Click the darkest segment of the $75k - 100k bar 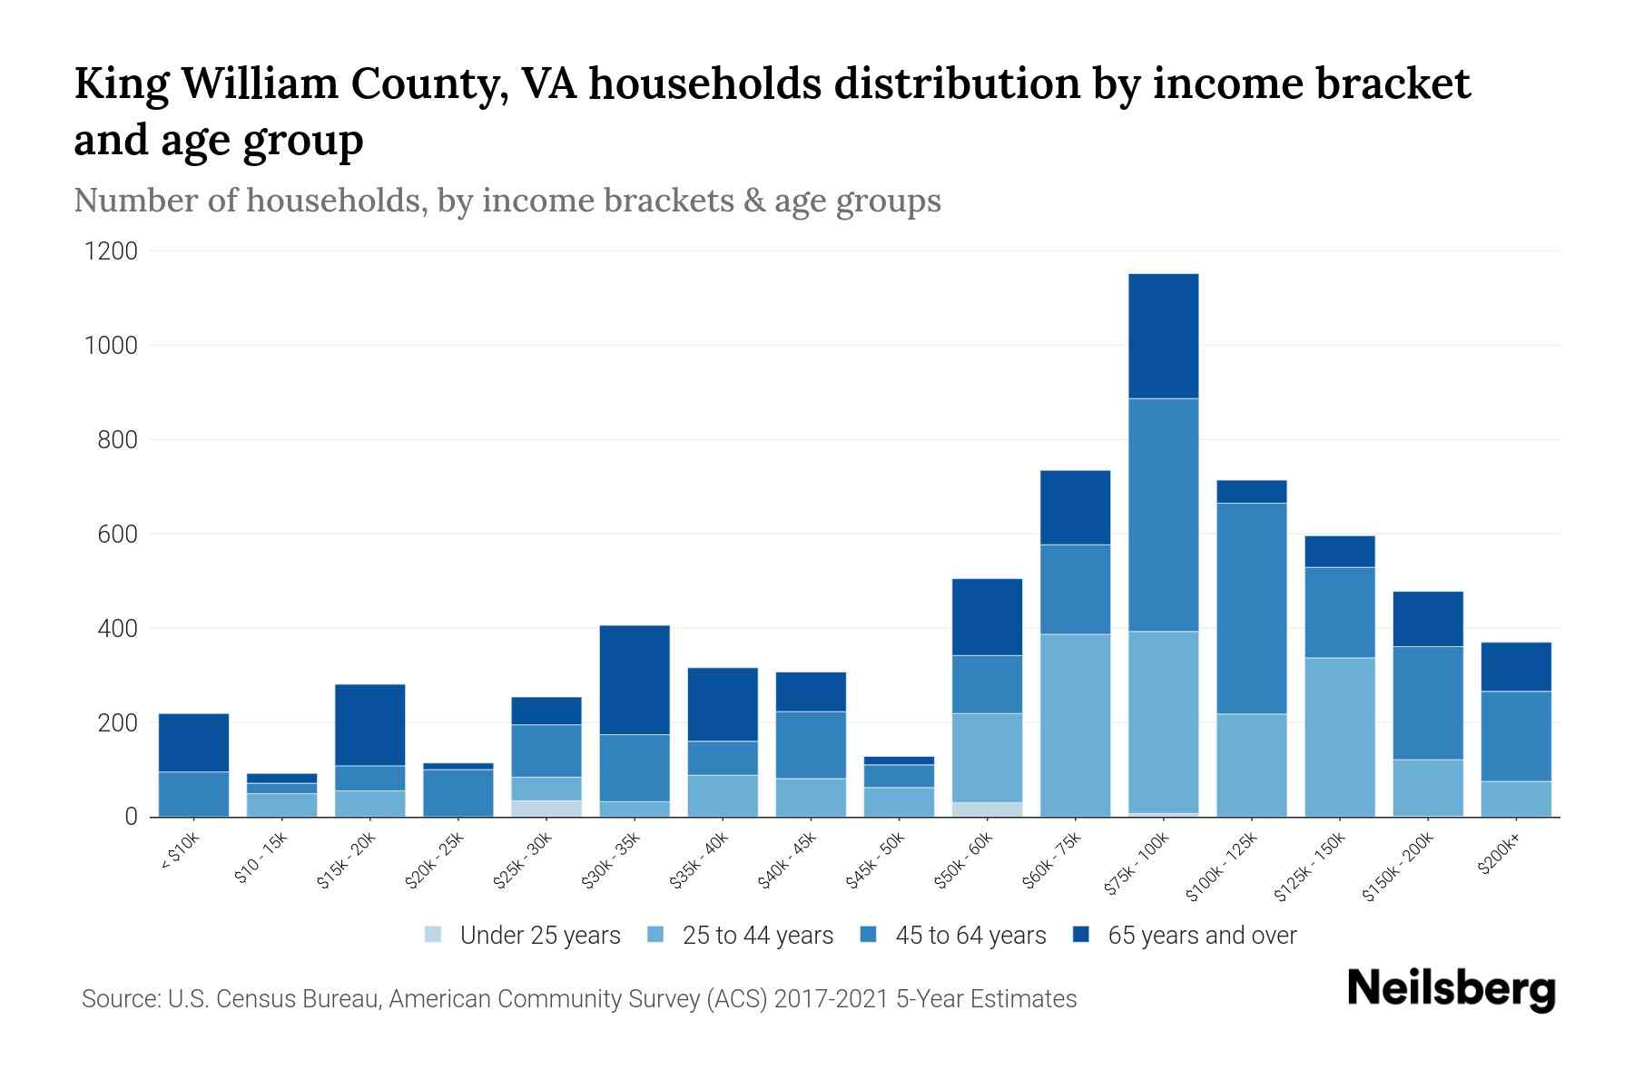click(x=1163, y=336)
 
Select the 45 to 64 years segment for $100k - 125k click(x=1251, y=608)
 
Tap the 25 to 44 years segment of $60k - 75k click(x=1075, y=725)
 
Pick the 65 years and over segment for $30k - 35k click(x=635, y=680)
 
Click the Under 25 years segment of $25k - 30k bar click(x=546, y=809)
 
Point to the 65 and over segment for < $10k click(x=193, y=742)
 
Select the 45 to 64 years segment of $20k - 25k click(x=458, y=792)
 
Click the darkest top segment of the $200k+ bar click(x=1516, y=667)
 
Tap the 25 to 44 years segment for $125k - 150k click(x=1339, y=737)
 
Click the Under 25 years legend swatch click(x=434, y=935)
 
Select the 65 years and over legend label click(x=1202, y=936)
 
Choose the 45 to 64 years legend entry click(x=970, y=936)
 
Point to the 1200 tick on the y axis click(x=111, y=251)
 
